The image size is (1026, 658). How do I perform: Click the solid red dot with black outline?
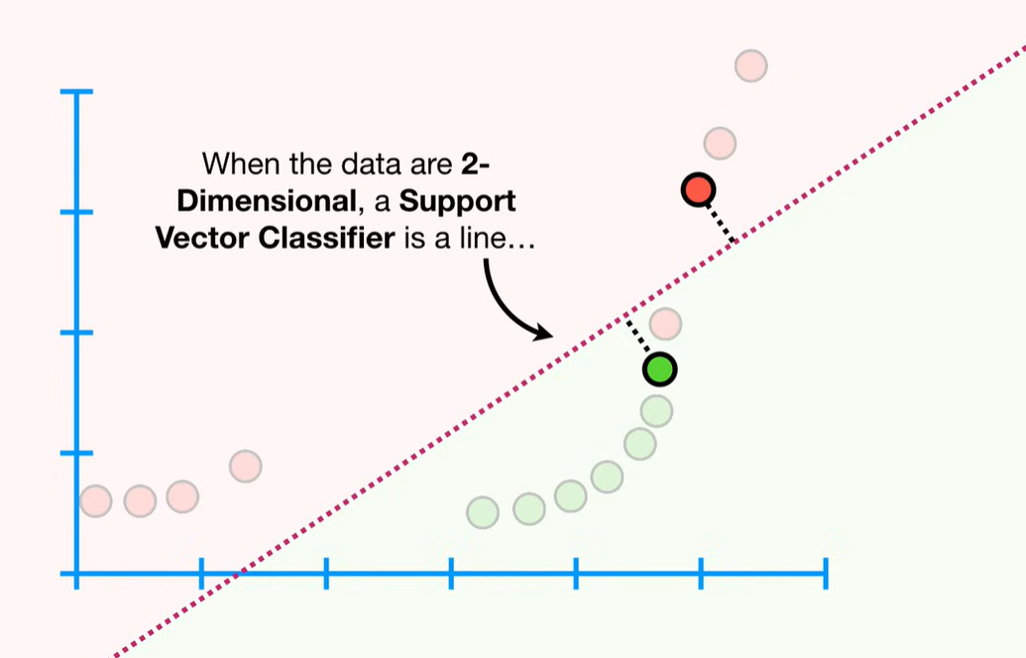(698, 190)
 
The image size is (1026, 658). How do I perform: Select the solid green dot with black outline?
(659, 370)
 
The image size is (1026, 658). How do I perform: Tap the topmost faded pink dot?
(750, 66)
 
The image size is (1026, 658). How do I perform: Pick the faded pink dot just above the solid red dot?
(720, 144)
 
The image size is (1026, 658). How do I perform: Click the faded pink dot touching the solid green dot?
(665, 324)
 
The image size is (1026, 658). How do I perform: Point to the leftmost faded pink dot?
(95, 501)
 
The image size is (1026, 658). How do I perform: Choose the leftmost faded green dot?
(483, 512)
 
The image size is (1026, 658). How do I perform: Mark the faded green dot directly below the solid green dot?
(656, 411)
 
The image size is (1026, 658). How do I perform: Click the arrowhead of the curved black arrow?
(542, 332)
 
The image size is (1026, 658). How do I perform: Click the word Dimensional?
(267, 201)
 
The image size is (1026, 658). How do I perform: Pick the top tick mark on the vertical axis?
(76, 91)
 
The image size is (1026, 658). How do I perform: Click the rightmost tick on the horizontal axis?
(826, 574)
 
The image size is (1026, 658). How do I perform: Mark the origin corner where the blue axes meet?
(76, 574)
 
